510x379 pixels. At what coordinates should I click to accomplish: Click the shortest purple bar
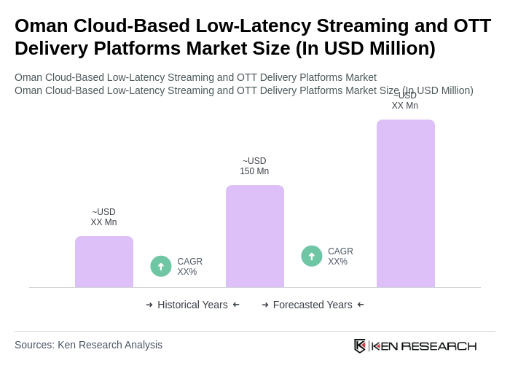[104, 262]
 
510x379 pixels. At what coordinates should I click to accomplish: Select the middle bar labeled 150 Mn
[254, 236]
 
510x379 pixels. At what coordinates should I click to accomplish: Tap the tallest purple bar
[405, 203]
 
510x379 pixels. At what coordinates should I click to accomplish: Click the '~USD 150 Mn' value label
[254, 166]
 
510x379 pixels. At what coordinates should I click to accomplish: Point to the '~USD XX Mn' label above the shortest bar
[103, 217]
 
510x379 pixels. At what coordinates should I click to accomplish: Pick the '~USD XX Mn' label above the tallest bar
[405, 101]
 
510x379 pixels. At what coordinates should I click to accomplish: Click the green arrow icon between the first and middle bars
[161, 266]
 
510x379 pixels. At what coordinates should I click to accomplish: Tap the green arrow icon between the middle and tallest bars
[312, 256]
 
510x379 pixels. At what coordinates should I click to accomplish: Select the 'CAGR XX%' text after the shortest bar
[189, 267]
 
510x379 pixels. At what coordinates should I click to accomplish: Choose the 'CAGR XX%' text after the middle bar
[340, 257]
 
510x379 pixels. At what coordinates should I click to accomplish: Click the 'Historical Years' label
[192, 305]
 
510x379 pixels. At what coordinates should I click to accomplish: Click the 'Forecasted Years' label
[313, 305]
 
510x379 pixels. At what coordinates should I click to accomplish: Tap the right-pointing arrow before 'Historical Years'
[149, 305]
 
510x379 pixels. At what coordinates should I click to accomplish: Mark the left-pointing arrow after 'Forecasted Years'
[361, 305]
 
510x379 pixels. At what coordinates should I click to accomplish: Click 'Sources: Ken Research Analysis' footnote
[88, 345]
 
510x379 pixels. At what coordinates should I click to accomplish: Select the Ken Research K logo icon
[360, 345]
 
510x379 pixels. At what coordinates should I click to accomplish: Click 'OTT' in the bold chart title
[472, 26]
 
